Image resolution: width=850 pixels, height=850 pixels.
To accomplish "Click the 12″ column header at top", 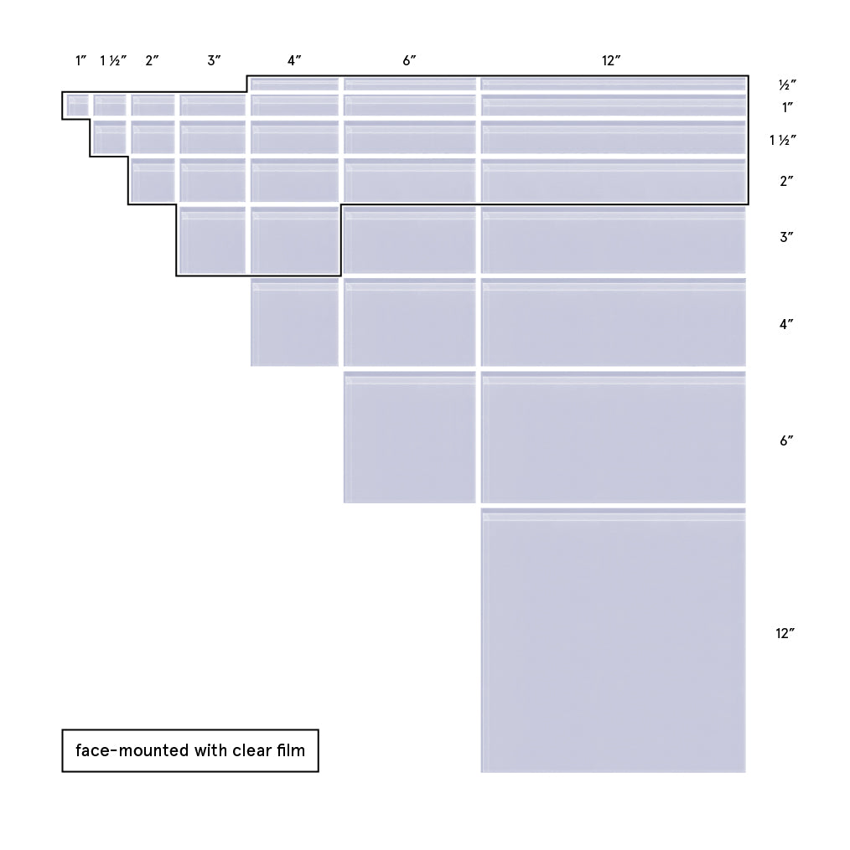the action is coord(611,60).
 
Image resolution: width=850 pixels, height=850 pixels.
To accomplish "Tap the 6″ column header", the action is coord(409,60).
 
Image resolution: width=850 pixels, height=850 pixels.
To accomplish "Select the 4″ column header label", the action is coord(294,60).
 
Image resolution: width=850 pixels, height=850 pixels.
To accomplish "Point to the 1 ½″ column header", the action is coord(113,60).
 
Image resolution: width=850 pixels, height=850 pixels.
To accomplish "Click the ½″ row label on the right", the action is coord(787,85).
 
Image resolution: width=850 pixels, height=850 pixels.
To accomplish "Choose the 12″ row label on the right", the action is coord(785,633).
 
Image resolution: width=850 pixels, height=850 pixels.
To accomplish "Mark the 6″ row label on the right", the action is coord(786,440).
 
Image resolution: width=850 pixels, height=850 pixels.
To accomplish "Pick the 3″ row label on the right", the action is coord(786,237).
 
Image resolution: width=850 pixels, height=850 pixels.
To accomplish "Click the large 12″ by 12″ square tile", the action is coord(614,640).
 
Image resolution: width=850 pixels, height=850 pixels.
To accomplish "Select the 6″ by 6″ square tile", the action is coord(410,437).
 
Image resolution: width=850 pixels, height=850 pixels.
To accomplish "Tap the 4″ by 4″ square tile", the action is coord(295,322).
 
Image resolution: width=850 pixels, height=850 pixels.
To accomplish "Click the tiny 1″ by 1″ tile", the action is coord(78,106).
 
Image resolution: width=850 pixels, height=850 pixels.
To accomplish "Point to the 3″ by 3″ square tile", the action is coord(213,240).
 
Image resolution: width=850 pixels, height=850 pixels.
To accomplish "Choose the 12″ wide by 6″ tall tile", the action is coord(614,437).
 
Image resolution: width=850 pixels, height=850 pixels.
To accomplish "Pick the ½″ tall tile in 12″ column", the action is coord(614,84).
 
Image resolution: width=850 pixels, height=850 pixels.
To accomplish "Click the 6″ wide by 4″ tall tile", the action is coord(410,322).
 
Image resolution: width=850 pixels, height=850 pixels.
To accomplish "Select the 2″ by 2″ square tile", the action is coord(153,181).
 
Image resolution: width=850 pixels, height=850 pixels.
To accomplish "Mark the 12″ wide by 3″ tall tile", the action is coord(614,240).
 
